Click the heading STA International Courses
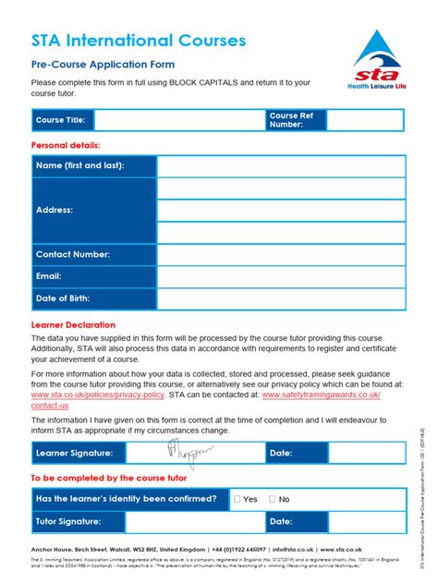click(139, 41)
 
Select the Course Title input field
click(178, 120)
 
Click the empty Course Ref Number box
click(365, 120)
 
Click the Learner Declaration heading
click(73, 325)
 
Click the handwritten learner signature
click(189, 452)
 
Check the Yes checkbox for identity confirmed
click(237, 499)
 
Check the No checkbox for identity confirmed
click(272, 499)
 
